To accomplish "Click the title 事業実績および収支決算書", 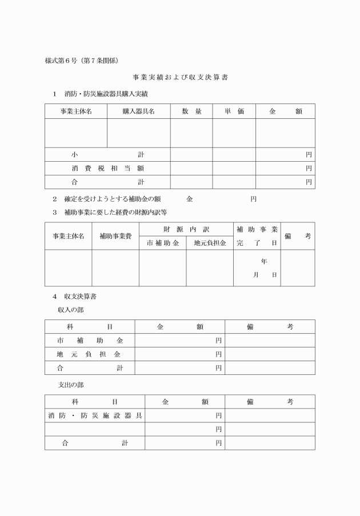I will [x=181, y=77].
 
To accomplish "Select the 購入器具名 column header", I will [x=138, y=111].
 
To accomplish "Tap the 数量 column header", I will [x=191, y=111].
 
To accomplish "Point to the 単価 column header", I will [x=234, y=111].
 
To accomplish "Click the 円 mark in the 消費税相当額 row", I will [x=309, y=169].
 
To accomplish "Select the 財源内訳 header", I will [x=186, y=229].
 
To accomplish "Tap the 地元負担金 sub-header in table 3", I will [x=210, y=243].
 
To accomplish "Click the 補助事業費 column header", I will [x=115, y=236].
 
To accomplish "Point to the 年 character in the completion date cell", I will [x=263, y=262].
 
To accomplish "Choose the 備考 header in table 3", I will [x=297, y=236].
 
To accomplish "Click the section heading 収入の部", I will [x=70, y=309].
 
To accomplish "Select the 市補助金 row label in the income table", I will [x=90, y=341].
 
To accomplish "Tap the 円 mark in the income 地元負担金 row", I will [x=218, y=354].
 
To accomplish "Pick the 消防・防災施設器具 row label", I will [x=95, y=415].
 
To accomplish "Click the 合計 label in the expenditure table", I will [x=95, y=443].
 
